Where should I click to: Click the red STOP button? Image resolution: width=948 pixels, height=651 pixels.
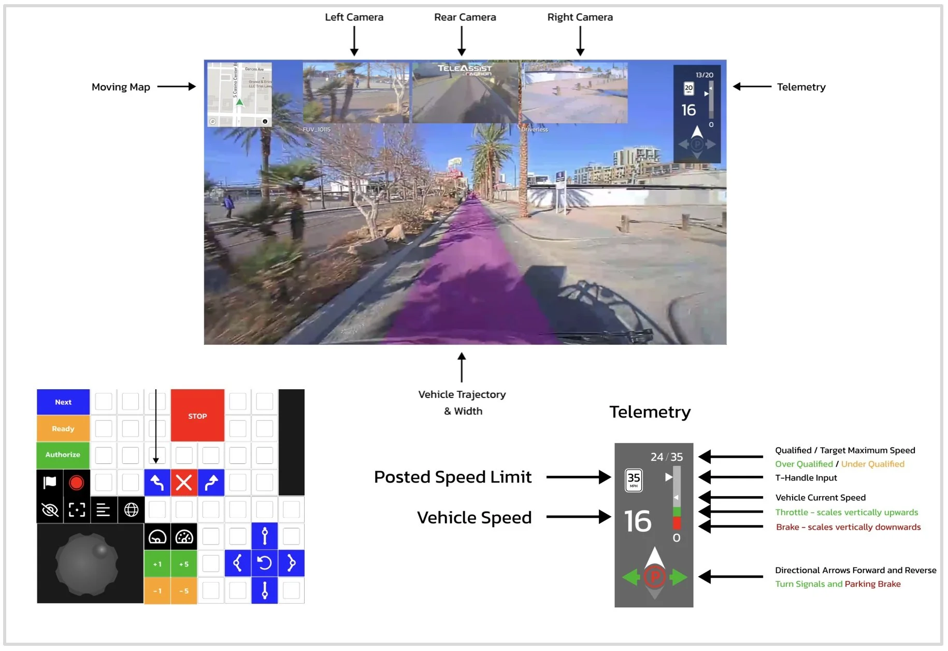(x=197, y=416)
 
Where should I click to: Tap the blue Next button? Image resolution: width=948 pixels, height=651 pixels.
(x=63, y=402)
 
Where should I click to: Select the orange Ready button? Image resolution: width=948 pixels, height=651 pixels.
(x=63, y=429)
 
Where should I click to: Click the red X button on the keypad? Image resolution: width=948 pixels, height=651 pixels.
(x=184, y=483)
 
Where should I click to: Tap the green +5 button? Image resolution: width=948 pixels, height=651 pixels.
(x=184, y=564)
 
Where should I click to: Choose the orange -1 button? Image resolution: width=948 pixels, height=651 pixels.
(x=157, y=591)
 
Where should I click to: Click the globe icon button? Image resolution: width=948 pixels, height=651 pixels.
(x=131, y=510)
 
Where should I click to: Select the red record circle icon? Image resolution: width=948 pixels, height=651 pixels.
(x=77, y=483)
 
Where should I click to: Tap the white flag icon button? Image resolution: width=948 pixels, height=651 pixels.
(x=50, y=483)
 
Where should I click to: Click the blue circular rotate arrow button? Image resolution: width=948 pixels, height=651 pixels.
(x=265, y=563)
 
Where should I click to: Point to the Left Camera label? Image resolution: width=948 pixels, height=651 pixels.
(x=354, y=17)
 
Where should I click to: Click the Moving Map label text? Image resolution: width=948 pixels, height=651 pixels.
(x=121, y=87)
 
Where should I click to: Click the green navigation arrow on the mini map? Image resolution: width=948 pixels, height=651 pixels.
(x=239, y=102)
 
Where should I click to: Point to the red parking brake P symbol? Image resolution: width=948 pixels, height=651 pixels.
(x=655, y=577)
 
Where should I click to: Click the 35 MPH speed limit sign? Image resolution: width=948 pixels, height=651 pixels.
(x=634, y=480)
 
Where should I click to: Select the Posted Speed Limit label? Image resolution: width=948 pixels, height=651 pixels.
(x=453, y=477)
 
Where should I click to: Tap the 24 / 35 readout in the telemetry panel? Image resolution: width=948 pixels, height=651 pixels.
(x=667, y=457)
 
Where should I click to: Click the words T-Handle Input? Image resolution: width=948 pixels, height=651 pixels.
(x=806, y=478)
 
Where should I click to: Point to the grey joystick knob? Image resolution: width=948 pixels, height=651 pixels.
(x=87, y=564)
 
